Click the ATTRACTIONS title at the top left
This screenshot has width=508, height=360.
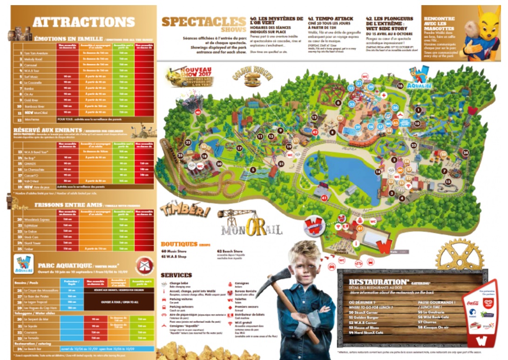(x=84, y=22)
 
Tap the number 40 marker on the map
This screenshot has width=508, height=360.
(x=198, y=112)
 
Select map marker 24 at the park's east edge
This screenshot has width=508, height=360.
(x=466, y=152)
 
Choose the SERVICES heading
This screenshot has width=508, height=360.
(x=176, y=275)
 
